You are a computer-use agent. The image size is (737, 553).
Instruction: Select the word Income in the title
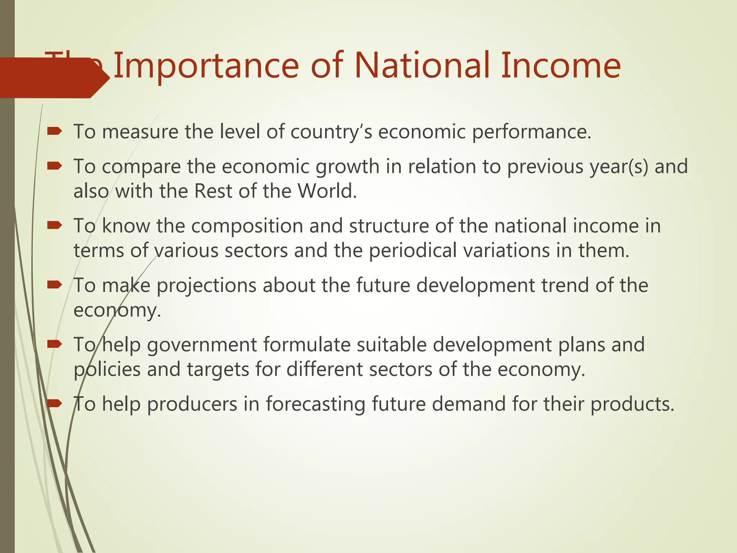pyautogui.click(x=561, y=66)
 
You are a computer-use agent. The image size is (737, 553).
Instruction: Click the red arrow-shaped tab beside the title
pyautogui.click(x=50, y=78)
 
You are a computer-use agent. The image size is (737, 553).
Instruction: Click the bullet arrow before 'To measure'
pyautogui.click(x=55, y=131)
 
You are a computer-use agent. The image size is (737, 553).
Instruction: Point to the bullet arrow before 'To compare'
pyautogui.click(x=55, y=166)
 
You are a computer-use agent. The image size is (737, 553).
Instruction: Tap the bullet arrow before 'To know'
pyautogui.click(x=55, y=225)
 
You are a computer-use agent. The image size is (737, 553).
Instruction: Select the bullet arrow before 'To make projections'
pyautogui.click(x=55, y=285)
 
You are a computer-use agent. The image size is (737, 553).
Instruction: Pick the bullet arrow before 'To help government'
pyautogui.click(x=55, y=345)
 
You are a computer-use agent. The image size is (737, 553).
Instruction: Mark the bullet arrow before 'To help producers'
pyautogui.click(x=55, y=404)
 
